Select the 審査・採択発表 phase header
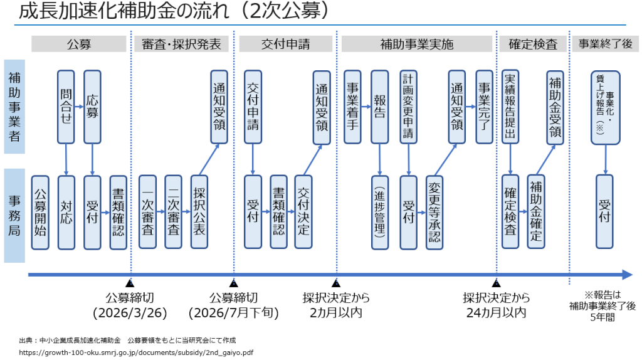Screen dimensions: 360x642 coord(182,45)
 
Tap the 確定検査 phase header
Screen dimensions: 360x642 coord(533,45)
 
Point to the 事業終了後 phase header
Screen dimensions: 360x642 coord(605,45)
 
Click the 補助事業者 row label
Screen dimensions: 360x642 coord(14,107)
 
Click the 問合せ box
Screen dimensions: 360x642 coord(66,107)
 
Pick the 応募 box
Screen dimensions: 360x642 coord(92,107)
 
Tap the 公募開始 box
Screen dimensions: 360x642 coord(40,212)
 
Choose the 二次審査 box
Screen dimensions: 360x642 coord(173,212)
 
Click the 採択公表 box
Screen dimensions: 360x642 coord(199,212)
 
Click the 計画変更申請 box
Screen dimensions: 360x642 coord(408,107)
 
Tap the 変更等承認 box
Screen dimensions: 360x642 coord(434,212)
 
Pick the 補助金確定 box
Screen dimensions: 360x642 coord(536,212)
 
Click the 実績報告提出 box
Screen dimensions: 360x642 coord(510,107)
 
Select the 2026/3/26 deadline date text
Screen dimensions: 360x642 coord(130,312)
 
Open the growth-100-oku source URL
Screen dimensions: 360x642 coord(136,352)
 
